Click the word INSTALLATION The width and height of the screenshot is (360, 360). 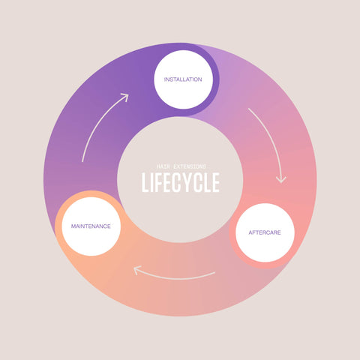point(183,79)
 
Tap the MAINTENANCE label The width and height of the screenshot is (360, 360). point(91,226)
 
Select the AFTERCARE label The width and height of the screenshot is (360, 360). point(265,232)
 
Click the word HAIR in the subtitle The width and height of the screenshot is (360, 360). point(163,166)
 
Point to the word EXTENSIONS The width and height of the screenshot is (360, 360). point(190,166)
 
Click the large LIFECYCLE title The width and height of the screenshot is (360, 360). point(181,182)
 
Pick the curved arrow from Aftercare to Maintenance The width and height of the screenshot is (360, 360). point(174,276)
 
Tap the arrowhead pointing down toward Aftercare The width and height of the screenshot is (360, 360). point(281,179)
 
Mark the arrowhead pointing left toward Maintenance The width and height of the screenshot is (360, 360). point(136,270)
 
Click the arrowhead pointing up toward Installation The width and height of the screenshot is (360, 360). point(125,97)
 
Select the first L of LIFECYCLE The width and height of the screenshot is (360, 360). point(145,182)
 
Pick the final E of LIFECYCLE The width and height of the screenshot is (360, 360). point(216,182)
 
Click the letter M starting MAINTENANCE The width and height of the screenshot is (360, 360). point(73,226)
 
